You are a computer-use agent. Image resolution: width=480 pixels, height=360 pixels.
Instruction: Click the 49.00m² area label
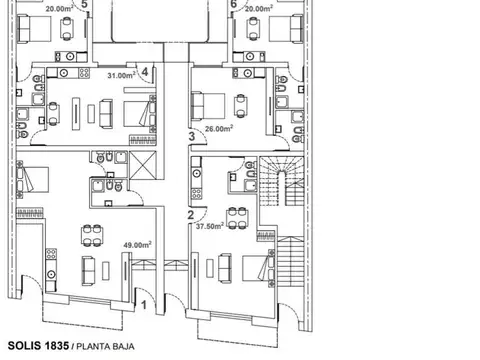point(137,245)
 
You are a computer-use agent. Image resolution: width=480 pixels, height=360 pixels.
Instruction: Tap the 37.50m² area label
point(210,226)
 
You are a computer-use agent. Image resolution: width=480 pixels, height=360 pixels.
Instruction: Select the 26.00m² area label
point(219,128)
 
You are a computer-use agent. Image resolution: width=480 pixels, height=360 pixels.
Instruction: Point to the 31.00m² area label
point(121,75)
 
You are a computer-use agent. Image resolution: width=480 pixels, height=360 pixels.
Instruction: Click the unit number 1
point(144,305)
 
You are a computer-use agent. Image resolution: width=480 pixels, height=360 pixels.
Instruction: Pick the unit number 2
point(191,215)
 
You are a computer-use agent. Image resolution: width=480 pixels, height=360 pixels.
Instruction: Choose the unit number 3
point(192,136)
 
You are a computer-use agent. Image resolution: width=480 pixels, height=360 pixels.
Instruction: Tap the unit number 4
point(145,72)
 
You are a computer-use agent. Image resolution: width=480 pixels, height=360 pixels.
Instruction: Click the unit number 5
point(84,4)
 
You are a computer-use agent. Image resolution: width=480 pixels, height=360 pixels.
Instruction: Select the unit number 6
point(233,4)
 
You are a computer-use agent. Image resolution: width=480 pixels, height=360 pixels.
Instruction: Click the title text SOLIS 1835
point(38,346)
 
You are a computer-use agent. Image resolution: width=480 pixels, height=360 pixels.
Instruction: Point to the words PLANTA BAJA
point(105,347)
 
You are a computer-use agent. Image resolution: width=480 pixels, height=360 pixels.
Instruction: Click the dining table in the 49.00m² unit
point(92,235)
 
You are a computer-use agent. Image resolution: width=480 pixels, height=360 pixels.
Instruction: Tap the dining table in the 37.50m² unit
point(237,219)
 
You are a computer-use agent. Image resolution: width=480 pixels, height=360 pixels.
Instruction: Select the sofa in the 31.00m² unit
point(106,113)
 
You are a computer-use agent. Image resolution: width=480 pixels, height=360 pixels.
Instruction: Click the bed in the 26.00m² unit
point(207,106)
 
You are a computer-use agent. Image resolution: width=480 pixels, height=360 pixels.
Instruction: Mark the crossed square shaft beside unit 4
point(143,165)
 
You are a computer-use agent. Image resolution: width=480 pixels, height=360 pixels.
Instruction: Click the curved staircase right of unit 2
point(282,181)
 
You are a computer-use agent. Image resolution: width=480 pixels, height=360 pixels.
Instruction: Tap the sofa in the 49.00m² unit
point(88,271)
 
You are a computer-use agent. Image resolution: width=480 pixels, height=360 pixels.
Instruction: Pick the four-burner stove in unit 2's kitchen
point(197,193)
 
